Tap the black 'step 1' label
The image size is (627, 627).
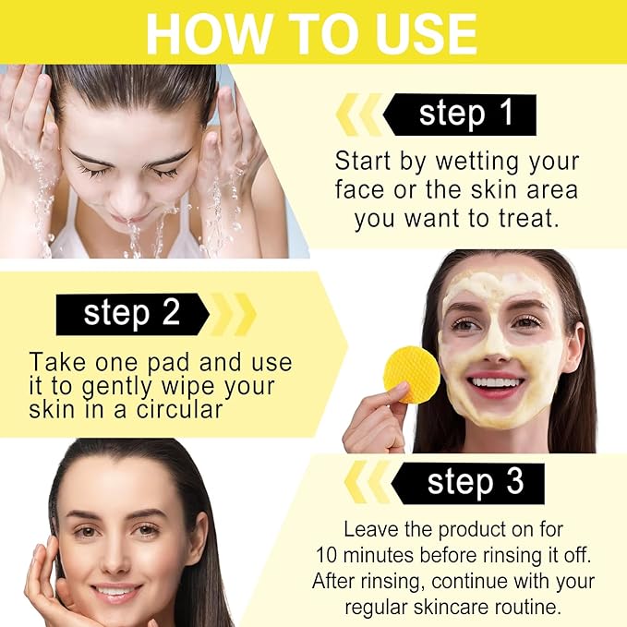460,115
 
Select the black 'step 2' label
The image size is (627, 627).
133,314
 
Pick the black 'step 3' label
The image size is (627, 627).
468,484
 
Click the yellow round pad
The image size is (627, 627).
412,374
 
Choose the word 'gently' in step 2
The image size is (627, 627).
116,388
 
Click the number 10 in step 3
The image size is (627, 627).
326,555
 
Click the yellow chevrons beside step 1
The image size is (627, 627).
359,115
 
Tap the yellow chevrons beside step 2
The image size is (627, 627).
233,314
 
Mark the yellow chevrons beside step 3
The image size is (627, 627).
368,482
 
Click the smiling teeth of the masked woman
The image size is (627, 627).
496,382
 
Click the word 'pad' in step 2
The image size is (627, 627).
168,364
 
